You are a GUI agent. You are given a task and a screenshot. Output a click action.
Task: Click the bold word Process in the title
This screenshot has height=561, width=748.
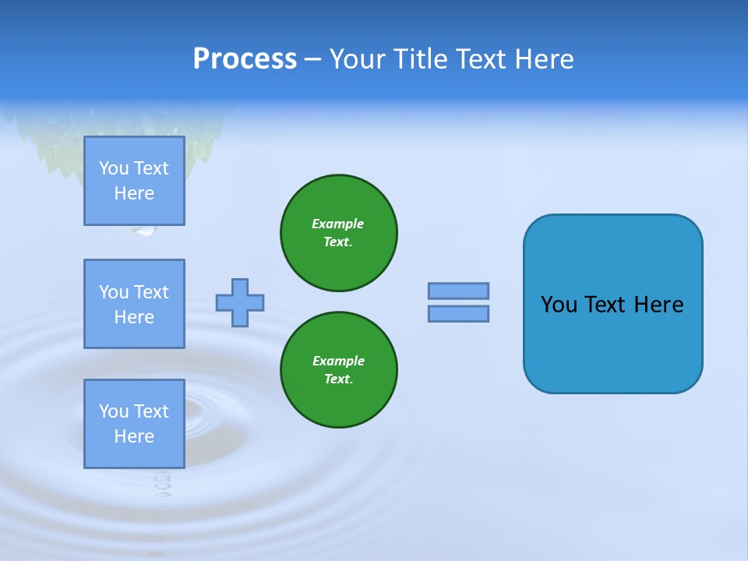245,59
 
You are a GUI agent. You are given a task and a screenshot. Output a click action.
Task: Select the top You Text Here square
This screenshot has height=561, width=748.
134,181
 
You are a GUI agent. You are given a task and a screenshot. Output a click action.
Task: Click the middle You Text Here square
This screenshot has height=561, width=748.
134,304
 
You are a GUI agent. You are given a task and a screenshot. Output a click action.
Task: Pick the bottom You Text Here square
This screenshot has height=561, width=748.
134,424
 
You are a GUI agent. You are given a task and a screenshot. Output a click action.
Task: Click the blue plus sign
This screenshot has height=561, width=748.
240,302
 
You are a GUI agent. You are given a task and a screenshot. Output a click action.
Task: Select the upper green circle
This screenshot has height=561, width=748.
339,233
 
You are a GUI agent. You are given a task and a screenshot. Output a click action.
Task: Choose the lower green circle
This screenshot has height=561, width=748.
339,370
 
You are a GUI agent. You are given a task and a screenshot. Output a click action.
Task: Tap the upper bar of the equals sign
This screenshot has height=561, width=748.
458,291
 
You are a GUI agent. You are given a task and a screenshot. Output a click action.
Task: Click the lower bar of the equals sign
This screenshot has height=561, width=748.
458,314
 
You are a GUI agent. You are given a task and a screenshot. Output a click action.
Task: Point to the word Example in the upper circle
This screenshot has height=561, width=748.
338,224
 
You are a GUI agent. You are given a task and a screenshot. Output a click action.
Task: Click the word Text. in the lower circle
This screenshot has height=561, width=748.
338,379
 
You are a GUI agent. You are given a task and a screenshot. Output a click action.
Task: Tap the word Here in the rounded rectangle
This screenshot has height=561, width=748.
658,305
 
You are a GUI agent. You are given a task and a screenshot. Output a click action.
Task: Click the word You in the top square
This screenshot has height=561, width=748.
114,168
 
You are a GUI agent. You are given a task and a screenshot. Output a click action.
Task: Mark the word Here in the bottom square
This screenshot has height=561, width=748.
134,436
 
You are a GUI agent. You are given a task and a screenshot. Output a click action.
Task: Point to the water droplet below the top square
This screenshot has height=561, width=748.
144,230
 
